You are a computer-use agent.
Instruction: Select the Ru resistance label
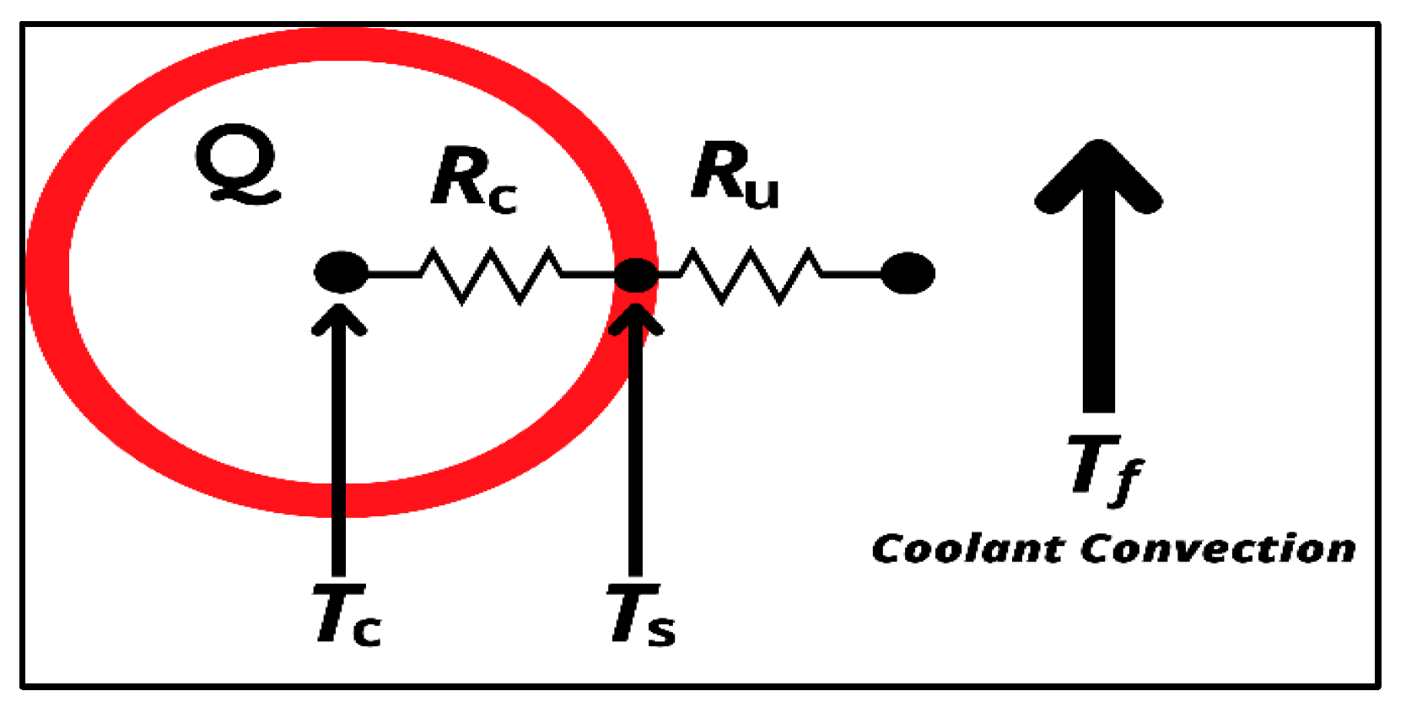[735, 175]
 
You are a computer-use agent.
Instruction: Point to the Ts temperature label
[641, 615]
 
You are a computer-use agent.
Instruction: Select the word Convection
[1218, 548]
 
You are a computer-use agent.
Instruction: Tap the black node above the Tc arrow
[341, 273]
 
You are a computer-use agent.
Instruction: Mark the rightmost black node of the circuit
[908, 273]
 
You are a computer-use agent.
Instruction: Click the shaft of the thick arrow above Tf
[1098, 321]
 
